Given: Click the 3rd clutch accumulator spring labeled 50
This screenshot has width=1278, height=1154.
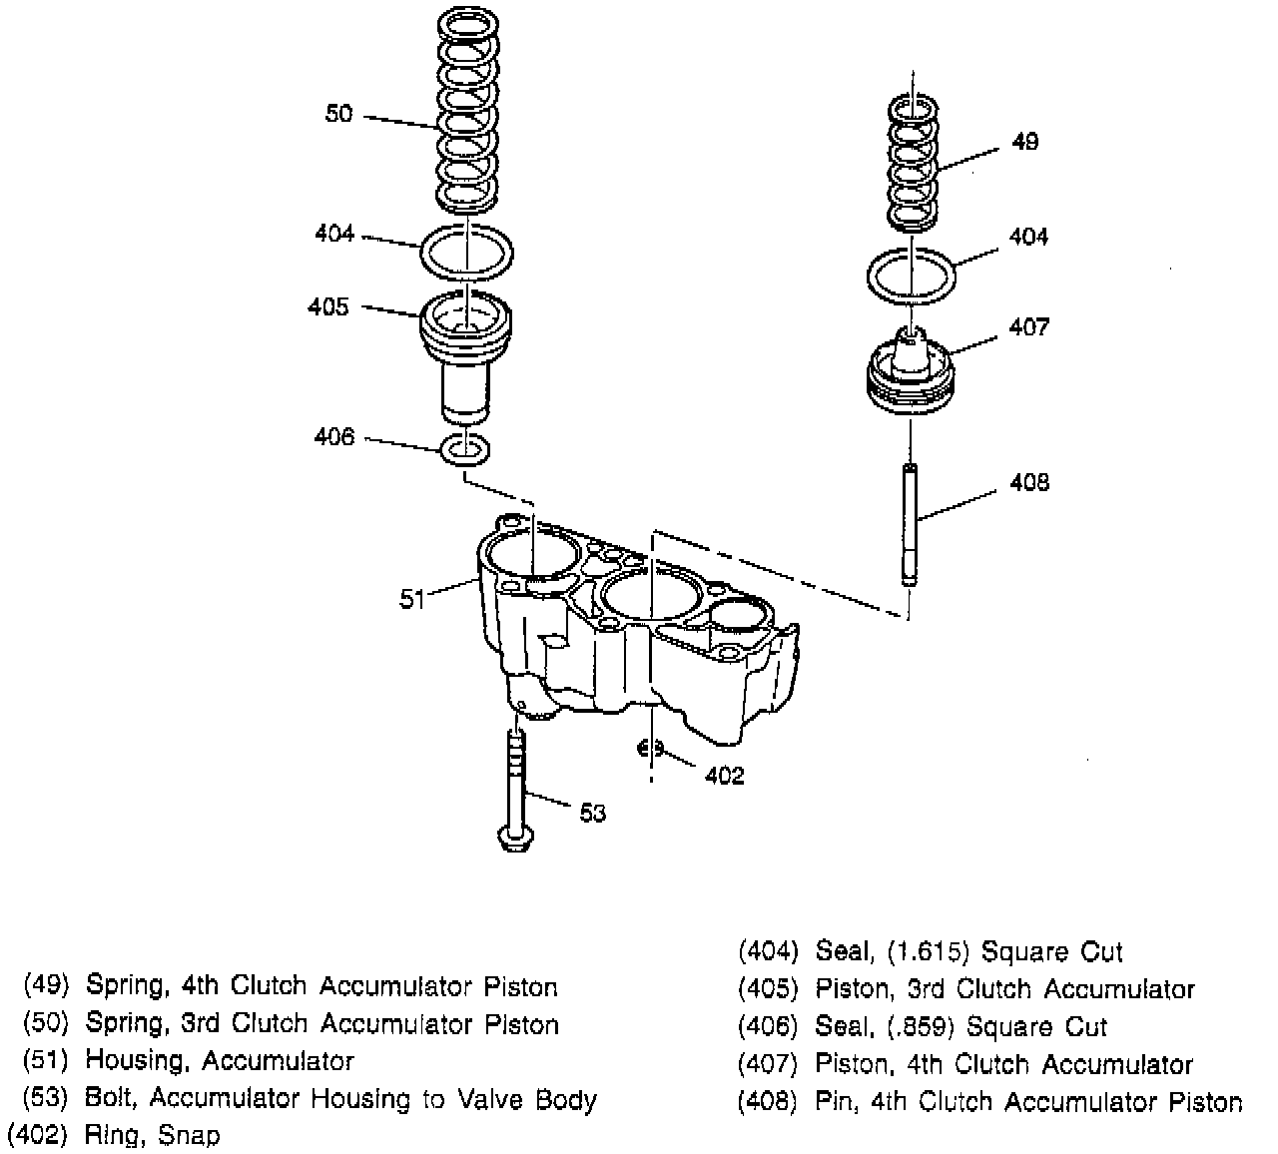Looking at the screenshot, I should click(x=467, y=110).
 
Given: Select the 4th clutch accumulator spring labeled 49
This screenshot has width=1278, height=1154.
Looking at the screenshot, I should click(x=914, y=160).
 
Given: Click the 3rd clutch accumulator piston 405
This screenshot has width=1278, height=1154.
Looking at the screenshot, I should click(x=466, y=349).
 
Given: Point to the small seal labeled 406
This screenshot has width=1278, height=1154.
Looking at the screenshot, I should click(x=465, y=449).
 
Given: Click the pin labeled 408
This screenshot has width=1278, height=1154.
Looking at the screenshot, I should click(x=911, y=524).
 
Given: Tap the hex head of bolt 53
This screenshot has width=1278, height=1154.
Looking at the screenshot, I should click(x=515, y=840).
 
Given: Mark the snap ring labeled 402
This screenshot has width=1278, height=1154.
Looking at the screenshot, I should click(x=649, y=747).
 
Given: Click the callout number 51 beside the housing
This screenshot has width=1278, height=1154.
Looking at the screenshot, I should click(x=411, y=600).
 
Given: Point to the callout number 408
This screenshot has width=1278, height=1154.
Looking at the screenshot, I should click(x=1029, y=483).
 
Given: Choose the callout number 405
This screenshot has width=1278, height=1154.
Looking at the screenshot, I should click(x=328, y=306).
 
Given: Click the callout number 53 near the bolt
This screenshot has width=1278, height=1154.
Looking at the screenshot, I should click(x=593, y=813).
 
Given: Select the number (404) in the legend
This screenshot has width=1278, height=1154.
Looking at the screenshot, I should click(x=768, y=951).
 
